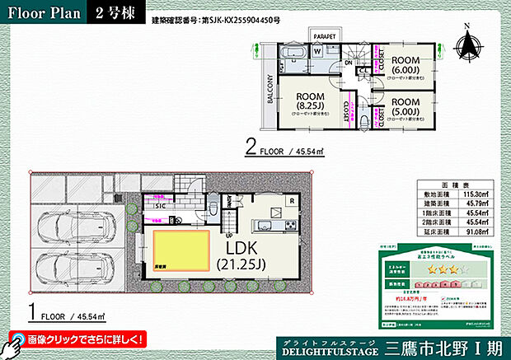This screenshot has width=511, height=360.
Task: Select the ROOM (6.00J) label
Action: point(407,66)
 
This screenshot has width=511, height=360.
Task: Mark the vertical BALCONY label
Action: point(270,85)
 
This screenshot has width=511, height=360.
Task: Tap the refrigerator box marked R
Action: point(292,200)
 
